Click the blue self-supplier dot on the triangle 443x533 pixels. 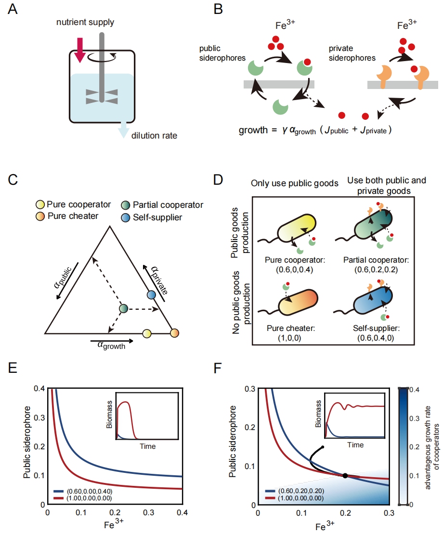[151, 294]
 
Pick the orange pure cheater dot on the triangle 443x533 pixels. [175, 332]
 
